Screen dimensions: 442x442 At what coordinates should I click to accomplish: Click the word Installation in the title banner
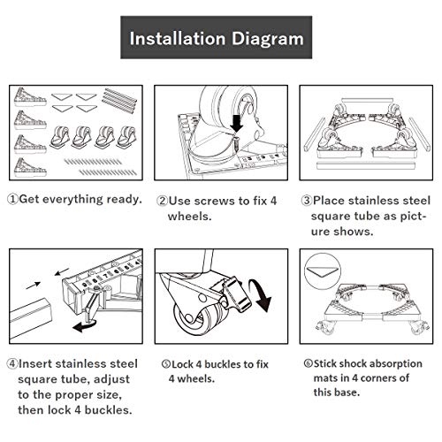click(x=178, y=39)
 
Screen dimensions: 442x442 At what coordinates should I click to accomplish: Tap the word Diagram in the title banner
click(x=267, y=40)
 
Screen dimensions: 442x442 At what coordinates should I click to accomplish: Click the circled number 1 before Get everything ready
click(x=12, y=199)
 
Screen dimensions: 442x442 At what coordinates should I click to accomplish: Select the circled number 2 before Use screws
click(x=162, y=201)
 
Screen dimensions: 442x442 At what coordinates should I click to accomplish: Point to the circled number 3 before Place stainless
click(x=307, y=201)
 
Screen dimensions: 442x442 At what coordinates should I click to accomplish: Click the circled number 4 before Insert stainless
click(x=12, y=363)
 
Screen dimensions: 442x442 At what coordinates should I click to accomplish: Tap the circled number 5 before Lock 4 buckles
click(x=166, y=364)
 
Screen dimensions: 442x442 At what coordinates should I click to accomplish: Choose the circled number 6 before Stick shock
click(x=309, y=363)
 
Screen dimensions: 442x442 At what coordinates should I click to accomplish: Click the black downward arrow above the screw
click(x=236, y=124)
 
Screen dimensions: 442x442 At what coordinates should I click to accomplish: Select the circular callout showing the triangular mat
click(x=323, y=271)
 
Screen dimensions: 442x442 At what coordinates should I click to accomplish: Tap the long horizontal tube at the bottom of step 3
click(x=366, y=165)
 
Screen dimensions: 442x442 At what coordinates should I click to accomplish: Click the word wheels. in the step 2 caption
click(x=190, y=217)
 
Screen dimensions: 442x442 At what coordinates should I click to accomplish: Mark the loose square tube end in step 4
click(x=31, y=319)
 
